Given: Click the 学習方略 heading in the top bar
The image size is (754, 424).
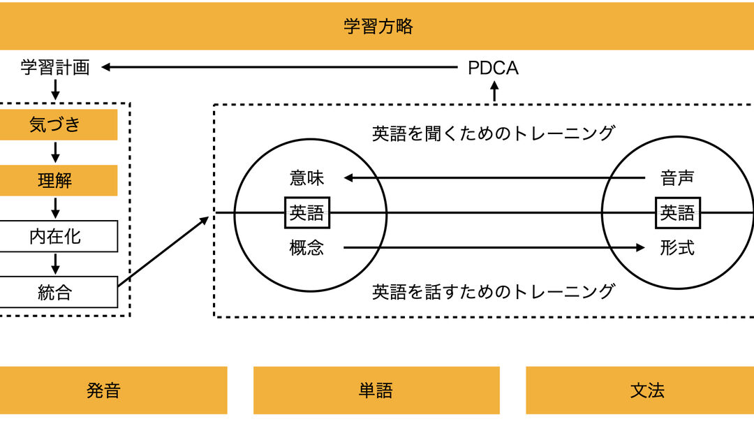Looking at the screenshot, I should point(378,27).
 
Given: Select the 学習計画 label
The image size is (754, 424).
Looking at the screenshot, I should point(55,68).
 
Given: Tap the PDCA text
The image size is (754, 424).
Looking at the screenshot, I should point(493,68).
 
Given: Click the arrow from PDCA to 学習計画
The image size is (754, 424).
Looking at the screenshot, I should point(279,68).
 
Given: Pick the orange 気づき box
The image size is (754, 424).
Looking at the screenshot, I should point(55,125).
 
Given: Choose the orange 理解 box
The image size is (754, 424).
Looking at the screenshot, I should point(55,181).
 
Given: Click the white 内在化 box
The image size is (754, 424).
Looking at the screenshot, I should point(55,237).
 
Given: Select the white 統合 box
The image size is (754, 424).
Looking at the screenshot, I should point(55,292).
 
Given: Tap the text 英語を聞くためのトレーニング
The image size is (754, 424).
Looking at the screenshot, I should point(493,133).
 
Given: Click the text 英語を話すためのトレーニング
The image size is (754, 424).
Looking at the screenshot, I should point(493,291).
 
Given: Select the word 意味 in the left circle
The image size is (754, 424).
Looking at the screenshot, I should point(307,178).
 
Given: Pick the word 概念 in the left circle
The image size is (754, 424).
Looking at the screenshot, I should point(307,247).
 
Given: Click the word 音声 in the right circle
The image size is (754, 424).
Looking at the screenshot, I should point(677,178).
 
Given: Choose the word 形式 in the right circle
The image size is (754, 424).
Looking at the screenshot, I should point(677,247).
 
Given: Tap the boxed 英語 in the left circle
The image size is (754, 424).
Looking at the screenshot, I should point(307,212).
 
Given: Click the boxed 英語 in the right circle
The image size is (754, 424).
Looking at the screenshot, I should point(677,212).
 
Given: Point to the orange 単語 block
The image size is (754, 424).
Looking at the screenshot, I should point(376,390).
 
